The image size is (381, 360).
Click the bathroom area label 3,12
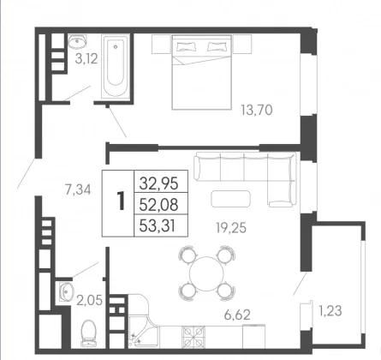point(86,59)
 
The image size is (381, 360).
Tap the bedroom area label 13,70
point(257,110)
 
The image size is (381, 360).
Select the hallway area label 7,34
point(78,189)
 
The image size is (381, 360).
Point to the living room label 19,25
point(231,228)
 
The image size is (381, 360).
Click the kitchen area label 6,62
point(237,315)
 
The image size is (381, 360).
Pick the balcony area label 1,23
point(330,311)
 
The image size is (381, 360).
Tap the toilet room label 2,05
point(89,301)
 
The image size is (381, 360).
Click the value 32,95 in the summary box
point(158,183)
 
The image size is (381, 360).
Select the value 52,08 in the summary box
point(158,205)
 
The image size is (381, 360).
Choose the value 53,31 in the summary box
point(158,226)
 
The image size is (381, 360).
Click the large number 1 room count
point(121,201)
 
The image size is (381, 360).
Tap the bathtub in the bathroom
point(116,67)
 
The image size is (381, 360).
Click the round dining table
point(206,273)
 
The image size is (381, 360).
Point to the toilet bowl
point(88,333)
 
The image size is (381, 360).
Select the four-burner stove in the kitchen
point(193,336)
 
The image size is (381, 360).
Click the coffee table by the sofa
point(230,199)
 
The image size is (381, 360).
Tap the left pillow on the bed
point(186,46)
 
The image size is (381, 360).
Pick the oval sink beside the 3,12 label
point(77,42)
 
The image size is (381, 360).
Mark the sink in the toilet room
point(67,291)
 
